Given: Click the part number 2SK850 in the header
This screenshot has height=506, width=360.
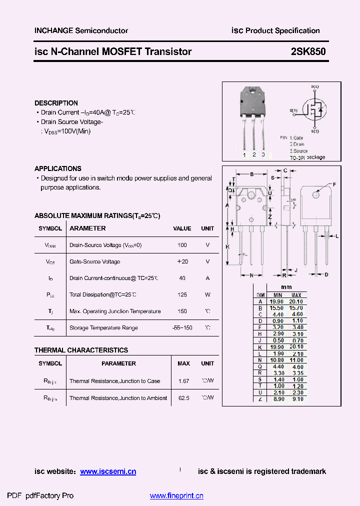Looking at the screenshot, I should (x=308, y=51).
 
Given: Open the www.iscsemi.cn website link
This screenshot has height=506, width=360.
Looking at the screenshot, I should (x=108, y=471).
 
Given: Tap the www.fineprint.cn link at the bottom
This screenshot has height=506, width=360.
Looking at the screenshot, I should (x=176, y=496).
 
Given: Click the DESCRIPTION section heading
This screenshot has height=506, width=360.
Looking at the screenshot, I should (x=56, y=103).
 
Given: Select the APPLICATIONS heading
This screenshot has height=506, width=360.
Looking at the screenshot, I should (x=58, y=168).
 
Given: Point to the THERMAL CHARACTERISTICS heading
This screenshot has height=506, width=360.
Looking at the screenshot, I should (x=81, y=350).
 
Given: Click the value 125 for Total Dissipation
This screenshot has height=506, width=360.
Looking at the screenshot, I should (x=182, y=295).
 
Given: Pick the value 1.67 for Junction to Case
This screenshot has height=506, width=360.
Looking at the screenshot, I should (x=183, y=381).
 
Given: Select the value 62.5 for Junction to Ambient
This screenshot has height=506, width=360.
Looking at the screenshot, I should (x=183, y=398).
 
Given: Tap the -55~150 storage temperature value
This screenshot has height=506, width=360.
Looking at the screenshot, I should (x=182, y=328).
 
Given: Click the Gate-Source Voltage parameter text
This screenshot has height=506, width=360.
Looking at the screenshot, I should (x=94, y=262).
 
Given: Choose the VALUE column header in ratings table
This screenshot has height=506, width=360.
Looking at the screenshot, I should (x=182, y=228).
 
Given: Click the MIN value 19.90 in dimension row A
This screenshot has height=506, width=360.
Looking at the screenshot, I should (x=276, y=301).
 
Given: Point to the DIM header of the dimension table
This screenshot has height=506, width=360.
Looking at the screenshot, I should (x=260, y=295).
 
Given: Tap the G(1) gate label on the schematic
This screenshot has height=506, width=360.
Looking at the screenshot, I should (x=293, y=110).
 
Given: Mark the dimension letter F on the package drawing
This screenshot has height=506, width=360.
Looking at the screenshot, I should (x=334, y=184).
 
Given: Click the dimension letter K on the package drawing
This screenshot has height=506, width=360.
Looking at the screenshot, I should (x=227, y=247).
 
